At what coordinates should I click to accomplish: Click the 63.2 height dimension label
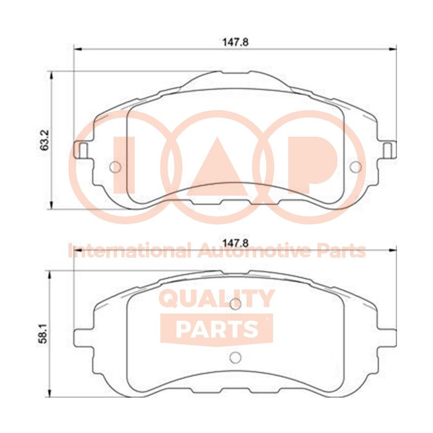(44, 140)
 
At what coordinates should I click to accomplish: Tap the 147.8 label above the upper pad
(235, 42)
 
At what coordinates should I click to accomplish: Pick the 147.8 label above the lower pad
(235, 243)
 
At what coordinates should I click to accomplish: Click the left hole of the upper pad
(115, 167)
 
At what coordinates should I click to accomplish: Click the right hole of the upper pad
(356, 167)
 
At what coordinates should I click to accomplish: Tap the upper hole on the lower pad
(235, 304)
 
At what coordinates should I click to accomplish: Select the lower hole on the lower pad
(235, 358)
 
